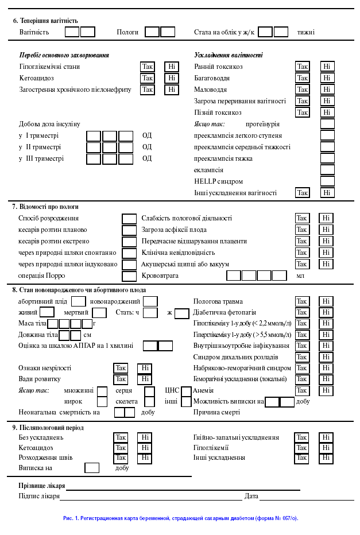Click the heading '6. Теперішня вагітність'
point(45,21)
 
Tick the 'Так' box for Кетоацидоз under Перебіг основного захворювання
point(148,78)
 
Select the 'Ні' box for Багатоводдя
point(327,78)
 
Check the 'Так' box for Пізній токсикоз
point(302,113)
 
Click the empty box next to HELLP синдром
point(327,181)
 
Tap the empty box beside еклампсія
point(327,170)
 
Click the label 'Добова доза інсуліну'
point(49,124)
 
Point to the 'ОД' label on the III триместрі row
point(147,158)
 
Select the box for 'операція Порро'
point(129,276)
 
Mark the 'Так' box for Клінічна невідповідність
point(301,253)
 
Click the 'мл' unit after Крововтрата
point(300,276)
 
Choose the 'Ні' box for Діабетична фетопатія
point(326,313)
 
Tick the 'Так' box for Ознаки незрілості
point(121,368)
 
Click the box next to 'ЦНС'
point(186,391)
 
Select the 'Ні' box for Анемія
point(326,390)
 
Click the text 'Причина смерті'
point(216,412)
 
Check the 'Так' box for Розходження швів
point(121,458)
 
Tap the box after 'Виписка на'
point(92,468)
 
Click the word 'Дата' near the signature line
point(251,496)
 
